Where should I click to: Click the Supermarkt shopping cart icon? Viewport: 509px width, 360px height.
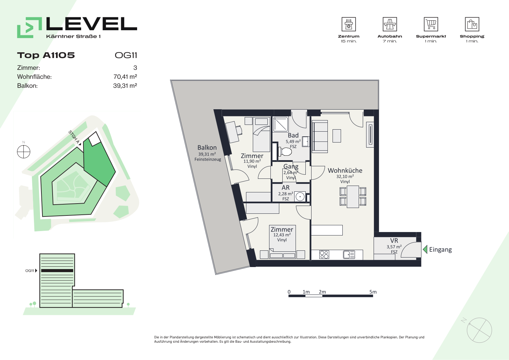[431, 24]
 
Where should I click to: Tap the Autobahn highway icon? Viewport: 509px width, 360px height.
[390, 24]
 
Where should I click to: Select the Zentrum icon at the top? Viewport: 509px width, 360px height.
[348, 24]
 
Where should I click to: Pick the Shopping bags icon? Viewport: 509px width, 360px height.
[472, 24]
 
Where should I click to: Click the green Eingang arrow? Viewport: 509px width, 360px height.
[425, 249]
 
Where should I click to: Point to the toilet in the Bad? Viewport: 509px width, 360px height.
[285, 151]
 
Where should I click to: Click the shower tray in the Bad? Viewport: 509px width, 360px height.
[281, 124]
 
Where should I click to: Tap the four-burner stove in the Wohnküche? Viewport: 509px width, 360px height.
[324, 254]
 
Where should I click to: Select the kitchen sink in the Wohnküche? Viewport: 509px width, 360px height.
[349, 254]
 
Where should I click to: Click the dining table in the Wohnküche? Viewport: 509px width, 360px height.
[353, 197]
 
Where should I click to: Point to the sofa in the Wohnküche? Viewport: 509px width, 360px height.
[320, 136]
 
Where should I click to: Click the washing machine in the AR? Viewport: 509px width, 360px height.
[300, 196]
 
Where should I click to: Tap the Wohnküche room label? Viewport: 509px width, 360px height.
[345, 170]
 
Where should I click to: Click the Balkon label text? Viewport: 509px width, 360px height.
[207, 148]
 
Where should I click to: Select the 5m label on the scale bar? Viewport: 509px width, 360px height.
[373, 292]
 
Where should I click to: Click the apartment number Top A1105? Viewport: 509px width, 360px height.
[46, 55]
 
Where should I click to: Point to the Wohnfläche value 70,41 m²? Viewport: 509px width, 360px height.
[125, 77]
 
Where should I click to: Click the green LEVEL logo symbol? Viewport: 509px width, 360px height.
[30, 27]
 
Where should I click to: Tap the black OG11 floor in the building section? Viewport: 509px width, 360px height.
[57, 271]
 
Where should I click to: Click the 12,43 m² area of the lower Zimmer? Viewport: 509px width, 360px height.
[282, 235]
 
